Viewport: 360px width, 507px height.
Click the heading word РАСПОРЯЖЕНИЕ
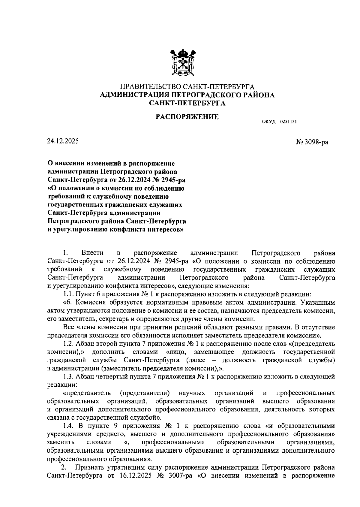[187, 116]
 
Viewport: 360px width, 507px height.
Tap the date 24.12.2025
[63, 141]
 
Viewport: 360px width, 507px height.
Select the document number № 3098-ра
[312, 142]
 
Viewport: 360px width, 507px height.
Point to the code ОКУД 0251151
[279, 122]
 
